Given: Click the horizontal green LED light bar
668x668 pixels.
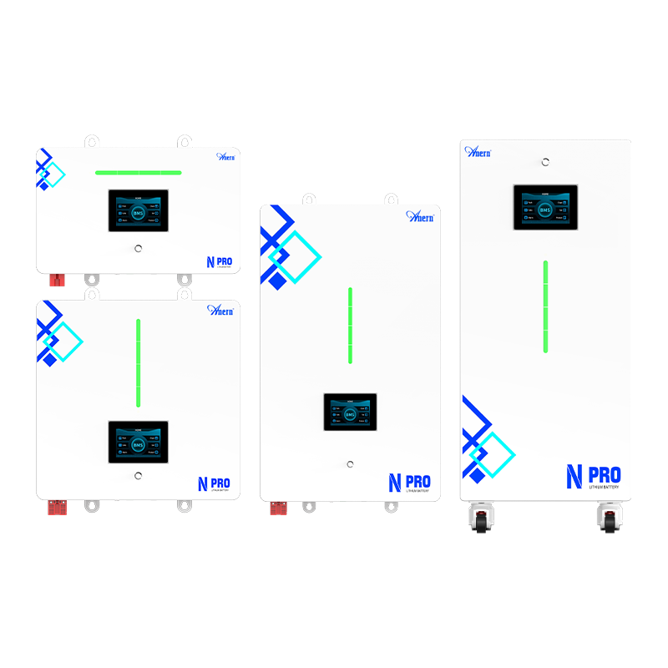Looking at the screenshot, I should click(x=138, y=173).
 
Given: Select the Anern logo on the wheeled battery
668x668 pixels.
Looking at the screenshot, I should click(x=478, y=151).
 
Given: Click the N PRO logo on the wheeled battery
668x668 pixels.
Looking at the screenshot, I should click(x=593, y=477).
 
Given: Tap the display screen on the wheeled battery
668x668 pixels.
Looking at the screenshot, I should click(x=545, y=207).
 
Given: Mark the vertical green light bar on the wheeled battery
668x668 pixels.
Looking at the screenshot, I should click(x=545, y=306).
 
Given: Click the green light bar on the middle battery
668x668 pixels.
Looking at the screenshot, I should click(x=350, y=325).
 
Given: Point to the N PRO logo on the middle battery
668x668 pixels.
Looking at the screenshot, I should click(x=409, y=483).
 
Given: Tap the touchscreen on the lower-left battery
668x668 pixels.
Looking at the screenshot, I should click(x=138, y=442).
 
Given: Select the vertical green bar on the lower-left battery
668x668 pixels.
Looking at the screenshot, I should click(x=138, y=362).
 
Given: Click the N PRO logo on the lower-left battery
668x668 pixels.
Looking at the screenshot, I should click(x=214, y=483).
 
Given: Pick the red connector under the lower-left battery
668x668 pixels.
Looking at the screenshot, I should click(x=59, y=506).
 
